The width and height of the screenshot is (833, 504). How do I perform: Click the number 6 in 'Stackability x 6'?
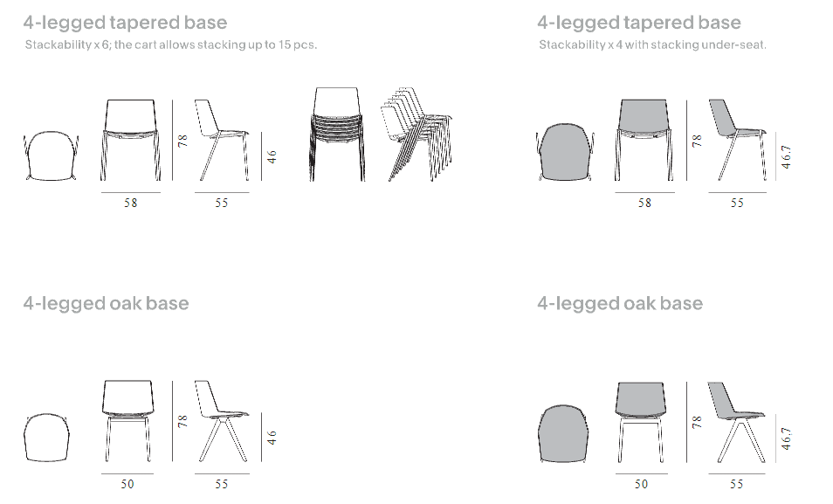(x=105, y=45)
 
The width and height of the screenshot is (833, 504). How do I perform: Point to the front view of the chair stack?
(x=337, y=134)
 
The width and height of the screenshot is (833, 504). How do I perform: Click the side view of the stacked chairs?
(x=416, y=134)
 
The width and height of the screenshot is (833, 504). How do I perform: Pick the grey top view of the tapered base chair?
(x=565, y=152)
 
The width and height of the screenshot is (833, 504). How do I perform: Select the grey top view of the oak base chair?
(x=563, y=433)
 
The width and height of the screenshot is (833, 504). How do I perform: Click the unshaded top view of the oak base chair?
(x=47, y=438)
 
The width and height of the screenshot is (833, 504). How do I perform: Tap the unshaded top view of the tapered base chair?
(x=51, y=155)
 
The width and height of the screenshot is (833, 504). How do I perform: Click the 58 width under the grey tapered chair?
(x=644, y=203)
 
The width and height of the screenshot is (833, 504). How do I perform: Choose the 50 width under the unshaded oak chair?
(x=127, y=484)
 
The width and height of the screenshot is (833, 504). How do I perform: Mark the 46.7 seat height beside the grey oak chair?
(x=786, y=438)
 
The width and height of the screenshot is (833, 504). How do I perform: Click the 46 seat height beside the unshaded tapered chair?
(x=272, y=157)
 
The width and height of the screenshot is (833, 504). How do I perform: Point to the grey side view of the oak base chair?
(x=736, y=422)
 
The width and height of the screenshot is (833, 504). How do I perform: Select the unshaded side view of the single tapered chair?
(x=222, y=140)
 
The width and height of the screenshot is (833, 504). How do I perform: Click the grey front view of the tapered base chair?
(x=644, y=140)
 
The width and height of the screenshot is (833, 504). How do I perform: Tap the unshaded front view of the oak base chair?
(x=127, y=421)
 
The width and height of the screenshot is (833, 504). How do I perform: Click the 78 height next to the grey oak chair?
(x=697, y=422)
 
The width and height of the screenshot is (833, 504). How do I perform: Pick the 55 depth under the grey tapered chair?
(x=737, y=203)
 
